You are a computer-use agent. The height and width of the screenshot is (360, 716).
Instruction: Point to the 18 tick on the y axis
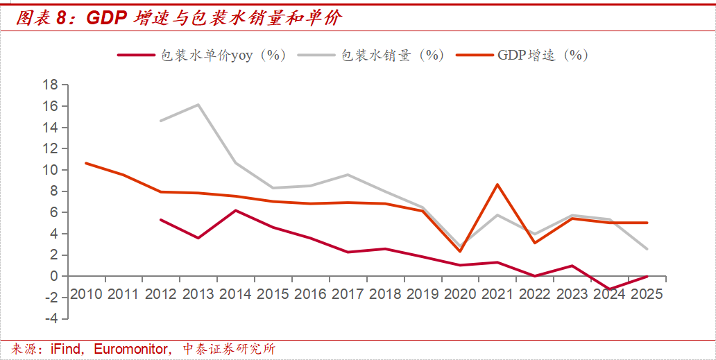pyautogui.click(x=50, y=85)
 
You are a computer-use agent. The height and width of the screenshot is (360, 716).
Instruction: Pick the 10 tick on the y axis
pyautogui.click(x=50, y=170)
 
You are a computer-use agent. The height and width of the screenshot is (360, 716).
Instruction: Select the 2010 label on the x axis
pyautogui.click(x=86, y=294)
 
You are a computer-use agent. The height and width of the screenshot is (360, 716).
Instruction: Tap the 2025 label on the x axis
pyautogui.click(x=646, y=294)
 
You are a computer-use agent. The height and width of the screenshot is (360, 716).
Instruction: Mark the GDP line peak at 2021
pyautogui.click(x=497, y=185)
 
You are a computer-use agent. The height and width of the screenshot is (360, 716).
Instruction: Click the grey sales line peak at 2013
pyautogui.click(x=198, y=105)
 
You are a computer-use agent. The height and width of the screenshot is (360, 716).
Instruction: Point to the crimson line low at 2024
pyautogui.click(x=608, y=289)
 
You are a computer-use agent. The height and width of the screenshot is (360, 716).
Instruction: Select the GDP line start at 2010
pyautogui.click(x=86, y=163)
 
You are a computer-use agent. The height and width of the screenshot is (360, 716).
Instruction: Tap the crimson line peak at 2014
pyautogui.click(x=235, y=210)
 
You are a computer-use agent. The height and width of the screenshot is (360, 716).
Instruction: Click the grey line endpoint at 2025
pyautogui.click(x=646, y=248)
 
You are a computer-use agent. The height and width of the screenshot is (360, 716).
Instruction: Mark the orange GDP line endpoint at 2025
pyautogui.click(x=646, y=223)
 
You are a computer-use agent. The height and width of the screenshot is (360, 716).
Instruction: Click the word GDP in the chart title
pyautogui.click(x=105, y=19)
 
